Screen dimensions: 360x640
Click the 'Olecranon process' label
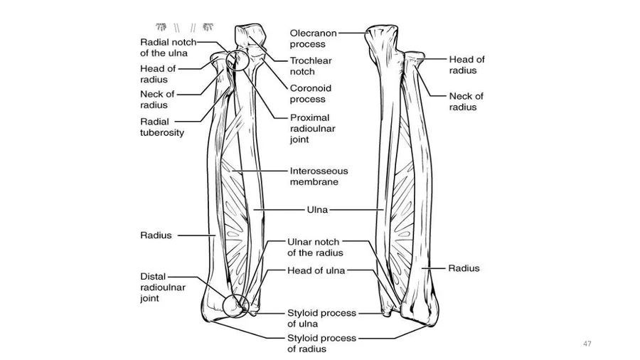pos(313,38)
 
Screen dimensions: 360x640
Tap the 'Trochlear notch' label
pos(311,66)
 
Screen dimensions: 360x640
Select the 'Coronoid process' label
pos(310,94)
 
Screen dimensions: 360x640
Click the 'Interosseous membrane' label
pos(319,176)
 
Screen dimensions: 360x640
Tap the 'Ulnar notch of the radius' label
pos(315,247)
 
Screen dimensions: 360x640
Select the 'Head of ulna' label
pos(315,270)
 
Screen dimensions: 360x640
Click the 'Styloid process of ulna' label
pos(321,318)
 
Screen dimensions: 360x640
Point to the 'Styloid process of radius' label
pos(321,343)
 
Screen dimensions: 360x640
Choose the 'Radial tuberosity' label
pos(161,127)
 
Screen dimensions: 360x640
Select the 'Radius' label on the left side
pos(155,235)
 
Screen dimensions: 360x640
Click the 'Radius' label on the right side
pos(464,268)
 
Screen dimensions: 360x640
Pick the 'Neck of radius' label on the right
pos(466,101)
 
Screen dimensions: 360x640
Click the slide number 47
pos(587,344)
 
